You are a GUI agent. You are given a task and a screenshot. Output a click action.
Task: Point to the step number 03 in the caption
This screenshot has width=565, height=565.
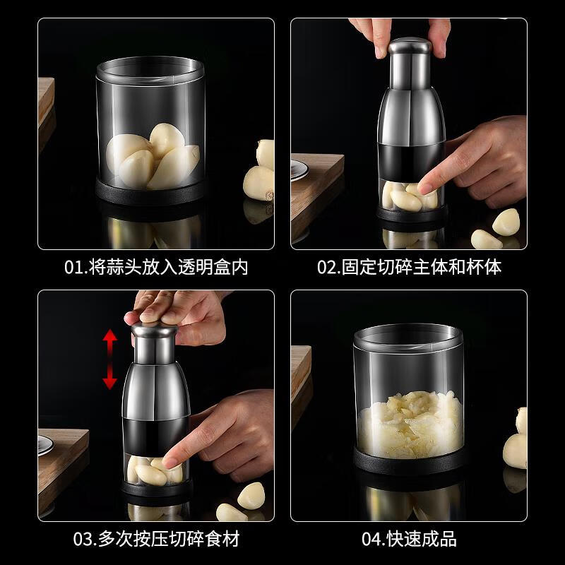[x=84, y=540]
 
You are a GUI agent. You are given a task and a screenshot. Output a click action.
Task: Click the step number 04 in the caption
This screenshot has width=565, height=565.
[x=373, y=540]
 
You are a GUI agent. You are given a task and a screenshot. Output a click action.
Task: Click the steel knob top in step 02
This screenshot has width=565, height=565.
[x=410, y=48]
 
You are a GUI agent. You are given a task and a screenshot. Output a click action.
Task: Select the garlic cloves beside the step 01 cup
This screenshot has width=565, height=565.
[x=258, y=177]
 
